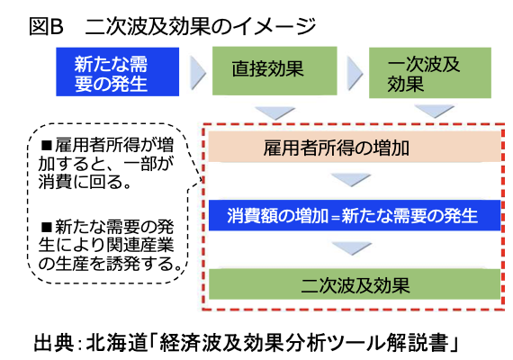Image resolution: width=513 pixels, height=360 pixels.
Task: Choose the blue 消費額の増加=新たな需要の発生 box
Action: [351, 216]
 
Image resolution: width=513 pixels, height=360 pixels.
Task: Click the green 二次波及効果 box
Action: [352, 285]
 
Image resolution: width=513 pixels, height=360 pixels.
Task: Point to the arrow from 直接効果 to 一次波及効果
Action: [353, 69]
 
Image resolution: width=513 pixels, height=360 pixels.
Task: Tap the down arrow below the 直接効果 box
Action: [274, 112]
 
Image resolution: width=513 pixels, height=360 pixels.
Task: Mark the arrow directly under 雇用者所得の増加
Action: [351, 181]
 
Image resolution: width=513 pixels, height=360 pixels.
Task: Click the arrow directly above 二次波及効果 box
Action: [351, 250]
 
